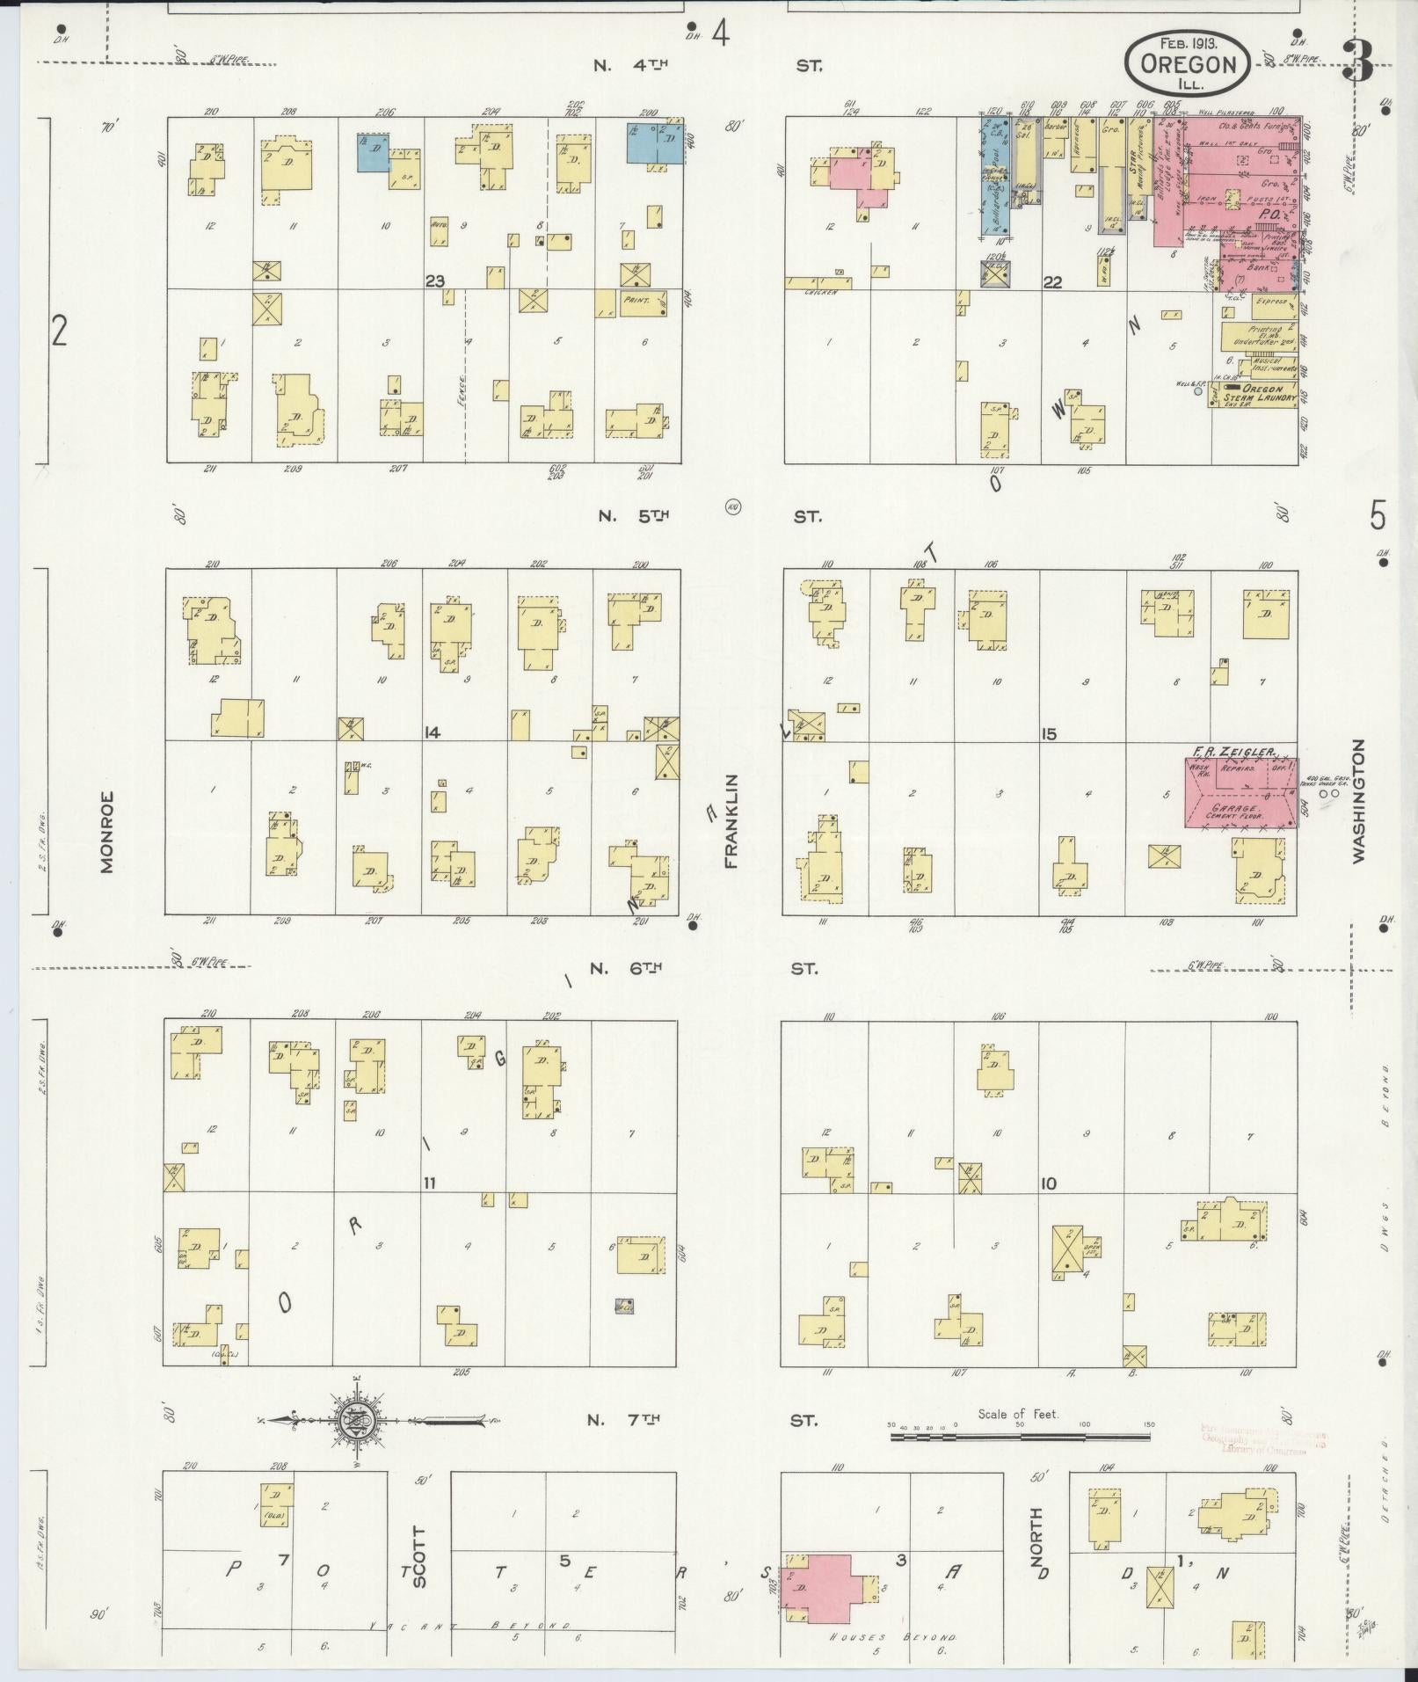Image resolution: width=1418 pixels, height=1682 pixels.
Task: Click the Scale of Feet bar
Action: (1020, 1438)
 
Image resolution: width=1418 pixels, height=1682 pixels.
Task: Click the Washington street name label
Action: (1359, 801)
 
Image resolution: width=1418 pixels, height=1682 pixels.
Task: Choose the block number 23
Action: (434, 281)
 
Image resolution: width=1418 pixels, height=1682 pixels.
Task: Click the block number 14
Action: (431, 732)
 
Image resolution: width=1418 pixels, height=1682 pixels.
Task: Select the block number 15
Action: (1048, 733)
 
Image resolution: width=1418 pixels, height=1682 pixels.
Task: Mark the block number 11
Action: (429, 1183)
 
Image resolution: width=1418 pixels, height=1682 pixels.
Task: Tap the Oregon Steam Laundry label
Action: (1262, 393)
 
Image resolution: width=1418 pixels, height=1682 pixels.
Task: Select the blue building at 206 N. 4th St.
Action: (374, 152)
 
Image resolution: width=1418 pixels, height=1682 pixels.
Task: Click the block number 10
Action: (1048, 1183)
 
